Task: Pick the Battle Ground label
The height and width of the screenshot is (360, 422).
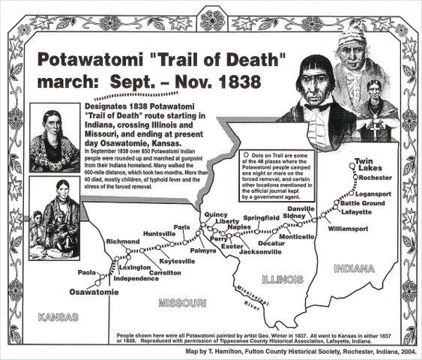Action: (362, 203)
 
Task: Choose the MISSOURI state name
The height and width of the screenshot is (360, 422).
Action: (182, 303)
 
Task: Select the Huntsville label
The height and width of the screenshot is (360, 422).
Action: (159, 233)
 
